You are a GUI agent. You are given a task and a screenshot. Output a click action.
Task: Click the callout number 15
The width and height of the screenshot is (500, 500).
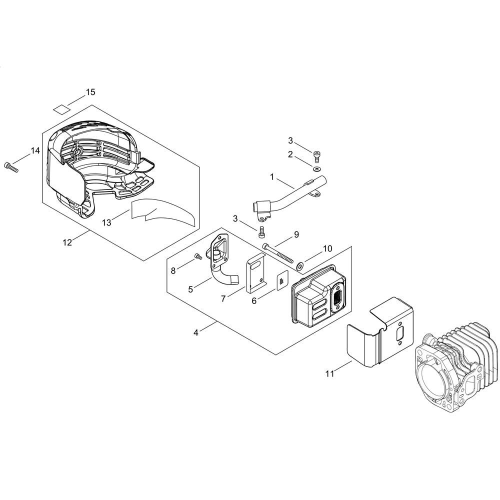(x=90, y=92)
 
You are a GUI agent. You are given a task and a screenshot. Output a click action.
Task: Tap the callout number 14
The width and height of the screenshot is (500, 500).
(x=34, y=150)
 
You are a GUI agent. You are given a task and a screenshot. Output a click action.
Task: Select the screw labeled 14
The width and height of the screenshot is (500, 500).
(x=10, y=167)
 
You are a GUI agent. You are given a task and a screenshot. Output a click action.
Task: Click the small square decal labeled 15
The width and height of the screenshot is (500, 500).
(x=60, y=108)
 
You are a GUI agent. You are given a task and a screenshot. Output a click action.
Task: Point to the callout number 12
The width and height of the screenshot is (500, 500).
(x=67, y=242)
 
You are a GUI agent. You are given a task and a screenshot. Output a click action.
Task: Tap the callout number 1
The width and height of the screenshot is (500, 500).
(x=272, y=176)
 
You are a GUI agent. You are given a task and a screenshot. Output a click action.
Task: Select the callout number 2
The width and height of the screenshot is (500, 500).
(x=290, y=154)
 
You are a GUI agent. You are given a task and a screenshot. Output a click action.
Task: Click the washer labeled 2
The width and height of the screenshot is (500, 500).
(x=315, y=169)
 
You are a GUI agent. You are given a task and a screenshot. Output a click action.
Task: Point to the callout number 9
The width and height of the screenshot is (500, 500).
(x=296, y=234)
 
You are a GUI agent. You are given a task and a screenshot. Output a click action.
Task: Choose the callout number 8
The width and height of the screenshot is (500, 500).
(x=173, y=270)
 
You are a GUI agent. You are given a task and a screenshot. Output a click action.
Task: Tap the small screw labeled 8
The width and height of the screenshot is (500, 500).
(x=197, y=257)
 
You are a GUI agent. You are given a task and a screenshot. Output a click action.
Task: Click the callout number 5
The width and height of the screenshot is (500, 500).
(x=190, y=289)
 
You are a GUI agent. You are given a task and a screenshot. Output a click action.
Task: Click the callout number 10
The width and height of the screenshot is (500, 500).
(x=327, y=248)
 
